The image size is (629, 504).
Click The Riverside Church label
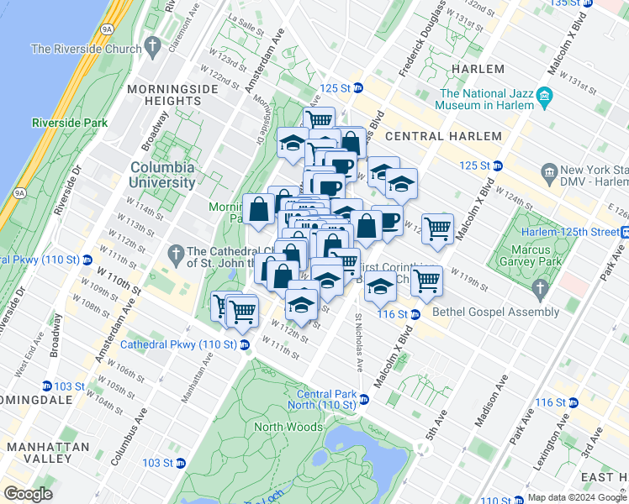(86, 49)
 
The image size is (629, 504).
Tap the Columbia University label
(162, 174)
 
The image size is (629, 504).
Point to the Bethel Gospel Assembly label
(482, 312)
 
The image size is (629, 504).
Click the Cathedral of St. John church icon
(176, 251)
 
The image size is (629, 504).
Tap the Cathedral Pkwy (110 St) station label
(179, 344)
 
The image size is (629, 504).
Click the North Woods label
(288, 427)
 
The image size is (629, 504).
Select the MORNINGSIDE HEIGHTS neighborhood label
(163, 94)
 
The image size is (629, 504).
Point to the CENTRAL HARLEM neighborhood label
(443, 136)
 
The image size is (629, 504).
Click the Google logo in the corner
(28, 494)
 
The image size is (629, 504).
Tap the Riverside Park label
(70, 123)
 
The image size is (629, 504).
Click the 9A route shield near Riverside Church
(106, 29)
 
